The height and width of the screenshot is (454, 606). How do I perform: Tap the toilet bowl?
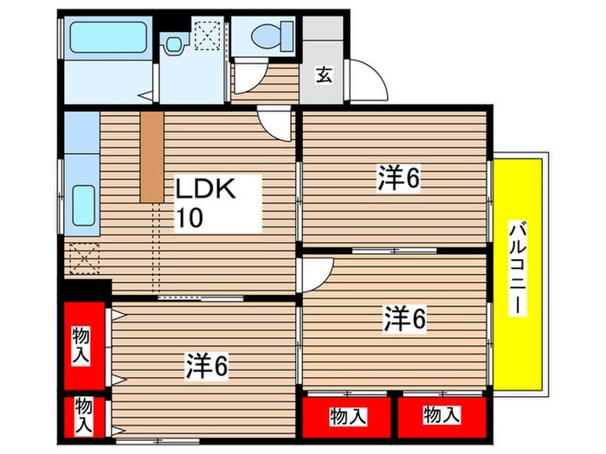[x=265, y=36]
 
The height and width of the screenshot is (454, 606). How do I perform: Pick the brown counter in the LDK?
[x=151, y=156]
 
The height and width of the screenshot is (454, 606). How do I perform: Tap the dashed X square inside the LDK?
[x=83, y=257]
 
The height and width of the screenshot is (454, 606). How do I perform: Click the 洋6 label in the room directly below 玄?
[x=397, y=179]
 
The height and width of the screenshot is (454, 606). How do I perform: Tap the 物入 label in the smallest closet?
[x=83, y=414]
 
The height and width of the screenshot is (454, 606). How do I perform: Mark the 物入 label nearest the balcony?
[x=442, y=416]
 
